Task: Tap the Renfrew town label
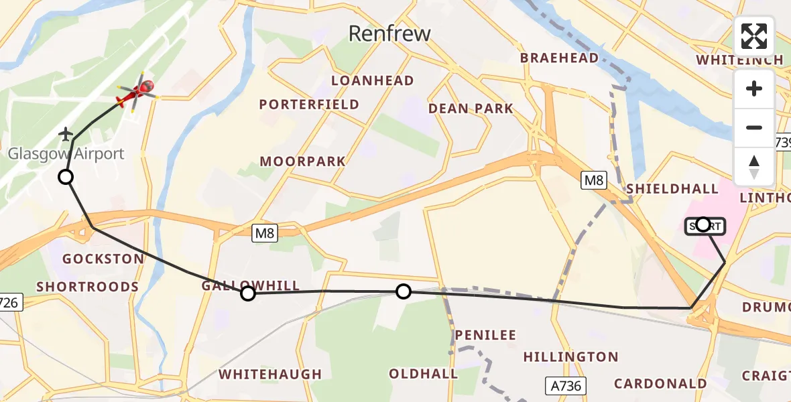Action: (389, 33)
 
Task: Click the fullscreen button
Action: (754, 36)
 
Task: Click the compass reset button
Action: (754, 166)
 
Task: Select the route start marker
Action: (703, 224)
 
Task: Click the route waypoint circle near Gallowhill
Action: (248, 293)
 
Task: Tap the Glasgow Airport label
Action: (66, 153)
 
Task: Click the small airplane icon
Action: (66, 134)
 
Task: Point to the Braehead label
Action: (559, 58)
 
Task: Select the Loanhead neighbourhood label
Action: (373, 80)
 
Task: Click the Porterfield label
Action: (309, 105)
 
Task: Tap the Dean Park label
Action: (471, 108)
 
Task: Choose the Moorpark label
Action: (303, 161)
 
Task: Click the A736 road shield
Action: (564, 385)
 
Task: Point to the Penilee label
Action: (485, 334)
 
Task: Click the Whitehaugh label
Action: (271, 374)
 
